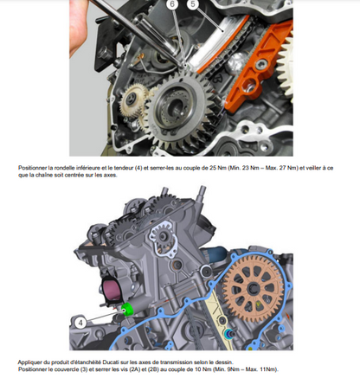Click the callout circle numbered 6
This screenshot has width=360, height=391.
pos(172,4)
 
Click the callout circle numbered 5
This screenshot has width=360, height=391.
pos(193,4)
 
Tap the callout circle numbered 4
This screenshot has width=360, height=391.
pos(80,323)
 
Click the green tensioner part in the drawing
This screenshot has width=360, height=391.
pos(128,310)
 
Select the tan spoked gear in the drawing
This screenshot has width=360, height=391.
pos(254,289)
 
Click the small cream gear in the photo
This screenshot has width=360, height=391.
pos(133,100)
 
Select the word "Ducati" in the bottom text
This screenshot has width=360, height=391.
pos(109,362)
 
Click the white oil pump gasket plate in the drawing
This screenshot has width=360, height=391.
pos(163,238)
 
